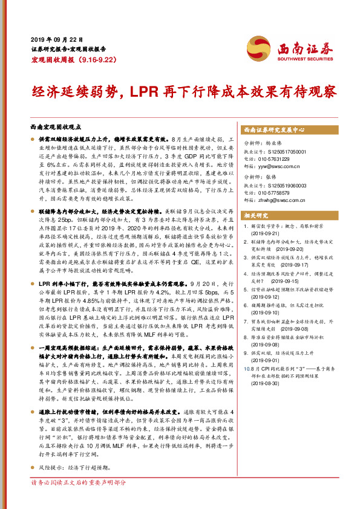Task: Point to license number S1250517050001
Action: pyautogui.click(x=288, y=151)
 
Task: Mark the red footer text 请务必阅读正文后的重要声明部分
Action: pyautogui.click(x=79, y=500)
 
